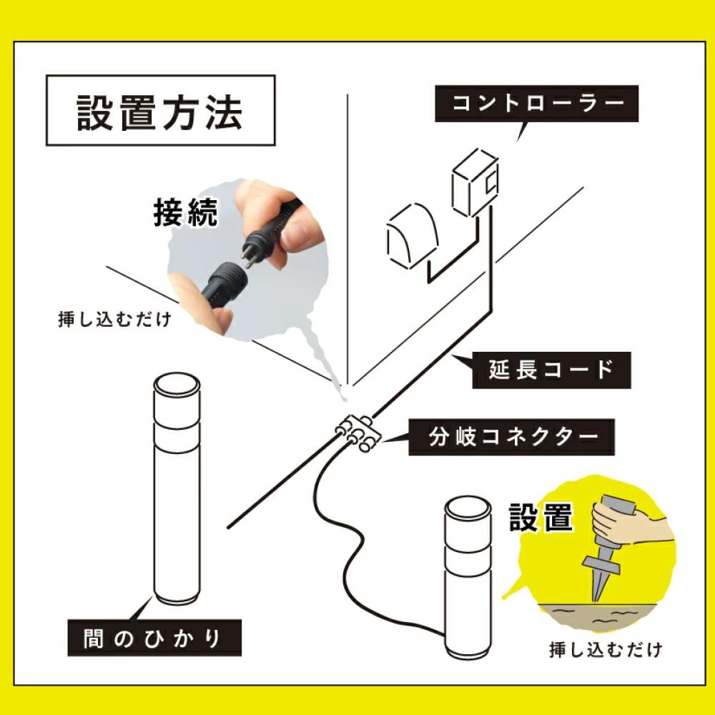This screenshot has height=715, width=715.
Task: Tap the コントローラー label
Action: point(537,103)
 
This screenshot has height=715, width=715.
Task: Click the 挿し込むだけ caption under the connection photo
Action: point(114,319)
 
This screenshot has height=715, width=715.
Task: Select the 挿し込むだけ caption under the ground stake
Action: point(605,651)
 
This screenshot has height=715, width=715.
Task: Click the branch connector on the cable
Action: point(358,433)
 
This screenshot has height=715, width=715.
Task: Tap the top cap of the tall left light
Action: point(177,387)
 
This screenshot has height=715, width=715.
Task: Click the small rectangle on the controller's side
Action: point(490,184)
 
